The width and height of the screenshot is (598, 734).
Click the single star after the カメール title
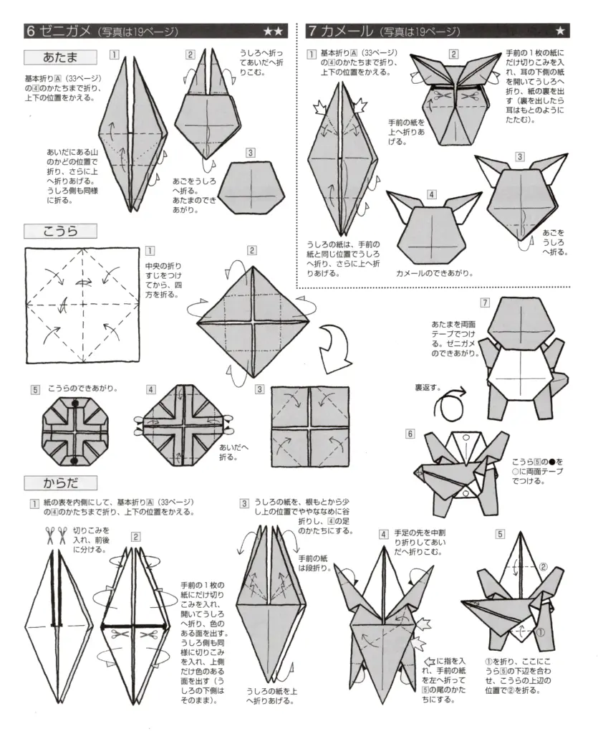(x=560, y=31)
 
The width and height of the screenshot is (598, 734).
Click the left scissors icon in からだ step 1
(x=51, y=534)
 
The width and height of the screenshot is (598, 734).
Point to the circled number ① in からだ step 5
(x=540, y=632)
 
